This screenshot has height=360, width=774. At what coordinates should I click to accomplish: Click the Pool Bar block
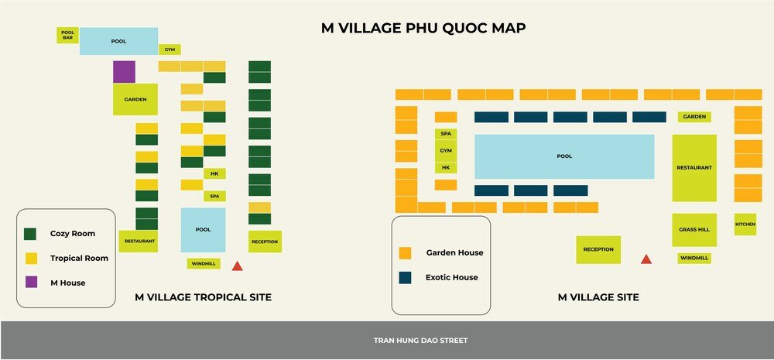[67, 35]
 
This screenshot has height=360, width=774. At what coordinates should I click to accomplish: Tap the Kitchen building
[745, 225]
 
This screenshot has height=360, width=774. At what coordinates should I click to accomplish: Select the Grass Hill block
[694, 230]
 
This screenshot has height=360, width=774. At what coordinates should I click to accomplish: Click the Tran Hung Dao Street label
[420, 341]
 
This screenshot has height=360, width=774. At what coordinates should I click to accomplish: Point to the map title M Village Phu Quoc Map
[423, 28]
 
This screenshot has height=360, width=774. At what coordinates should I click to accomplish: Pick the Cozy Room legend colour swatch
[31, 234]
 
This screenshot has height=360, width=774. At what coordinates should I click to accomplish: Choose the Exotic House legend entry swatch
[405, 277]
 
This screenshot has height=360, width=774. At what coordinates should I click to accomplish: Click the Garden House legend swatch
[405, 253]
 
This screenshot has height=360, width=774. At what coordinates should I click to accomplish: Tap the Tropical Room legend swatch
[31, 258]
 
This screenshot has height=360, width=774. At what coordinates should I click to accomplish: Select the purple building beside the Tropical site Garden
[124, 72]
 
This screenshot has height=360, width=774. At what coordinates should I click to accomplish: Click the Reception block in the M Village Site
[598, 249]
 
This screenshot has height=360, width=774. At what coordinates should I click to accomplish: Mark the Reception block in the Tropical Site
[265, 242]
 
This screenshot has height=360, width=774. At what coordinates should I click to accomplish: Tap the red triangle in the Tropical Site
[238, 266]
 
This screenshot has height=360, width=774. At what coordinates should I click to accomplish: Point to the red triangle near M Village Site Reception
[646, 259]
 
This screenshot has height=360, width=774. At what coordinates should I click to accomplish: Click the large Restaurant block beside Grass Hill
[694, 167]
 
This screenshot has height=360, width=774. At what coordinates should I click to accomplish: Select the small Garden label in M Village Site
[694, 117]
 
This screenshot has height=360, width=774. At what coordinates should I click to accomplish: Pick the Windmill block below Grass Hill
[694, 258]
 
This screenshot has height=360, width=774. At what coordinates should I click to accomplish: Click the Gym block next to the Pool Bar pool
[170, 50]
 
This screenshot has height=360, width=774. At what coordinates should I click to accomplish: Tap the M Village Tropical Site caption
[203, 297]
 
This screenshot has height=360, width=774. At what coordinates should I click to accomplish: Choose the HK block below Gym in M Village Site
[446, 167]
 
